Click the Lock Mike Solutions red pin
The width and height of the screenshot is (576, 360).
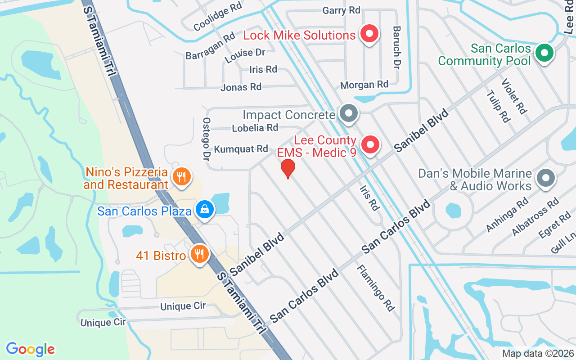(x=369, y=34)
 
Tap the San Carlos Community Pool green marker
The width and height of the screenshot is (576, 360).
(x=544, y=54)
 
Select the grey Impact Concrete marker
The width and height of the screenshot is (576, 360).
(x=348, y=113)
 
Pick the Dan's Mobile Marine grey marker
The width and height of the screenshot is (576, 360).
(x=546, y=178)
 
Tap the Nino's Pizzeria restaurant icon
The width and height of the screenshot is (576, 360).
(x=181, y=176)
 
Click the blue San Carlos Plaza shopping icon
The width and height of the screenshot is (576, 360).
(x=205, y=209)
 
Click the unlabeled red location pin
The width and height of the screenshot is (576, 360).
(x=288, y=168)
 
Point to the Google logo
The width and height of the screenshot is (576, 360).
(x=30, y=349)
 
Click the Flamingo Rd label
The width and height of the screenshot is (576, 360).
(x=376, y=288)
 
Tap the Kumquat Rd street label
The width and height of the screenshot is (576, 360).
(x=241, y=149)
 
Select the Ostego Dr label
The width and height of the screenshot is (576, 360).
(x=207, y=139)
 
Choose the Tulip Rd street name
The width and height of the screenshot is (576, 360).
(x=498, y=106)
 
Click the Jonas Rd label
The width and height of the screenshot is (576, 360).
(x=241, y=87)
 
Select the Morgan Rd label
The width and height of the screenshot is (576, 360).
(x=364, y=85)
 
